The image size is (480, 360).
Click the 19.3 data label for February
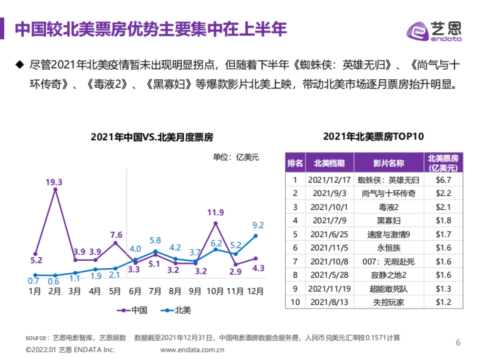54,182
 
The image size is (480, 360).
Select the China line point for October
216,223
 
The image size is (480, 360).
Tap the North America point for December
256,236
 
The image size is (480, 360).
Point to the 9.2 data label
257,225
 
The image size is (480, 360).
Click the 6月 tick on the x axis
135,292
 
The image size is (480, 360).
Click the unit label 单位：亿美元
236,157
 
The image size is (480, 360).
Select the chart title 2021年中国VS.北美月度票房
152,137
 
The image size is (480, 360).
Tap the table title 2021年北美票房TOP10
373,136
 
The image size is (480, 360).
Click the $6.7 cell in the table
443,180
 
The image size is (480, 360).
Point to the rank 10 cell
295,302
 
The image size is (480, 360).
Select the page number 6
458,343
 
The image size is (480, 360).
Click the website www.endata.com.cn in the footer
192,350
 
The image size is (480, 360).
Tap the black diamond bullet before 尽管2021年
18,65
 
